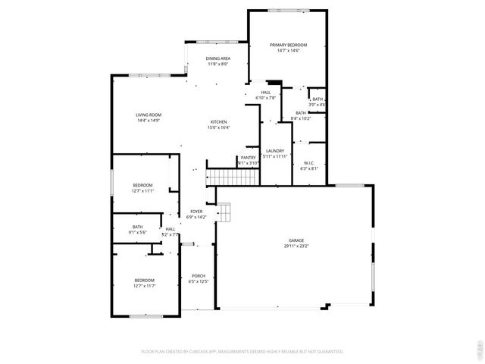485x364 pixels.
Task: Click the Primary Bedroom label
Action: [288, 45]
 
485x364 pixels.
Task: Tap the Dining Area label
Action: [218, 58]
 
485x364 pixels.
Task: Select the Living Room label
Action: [149, 115]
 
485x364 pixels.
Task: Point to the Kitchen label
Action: [219, 122]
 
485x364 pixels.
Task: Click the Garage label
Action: [296, 240]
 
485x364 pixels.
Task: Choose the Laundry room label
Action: [275, 151]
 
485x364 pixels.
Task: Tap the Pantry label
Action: [249, 158]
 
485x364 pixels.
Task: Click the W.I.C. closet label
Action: [309, 163]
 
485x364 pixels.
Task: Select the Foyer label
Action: [196, 212]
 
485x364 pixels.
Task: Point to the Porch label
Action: [199, 275]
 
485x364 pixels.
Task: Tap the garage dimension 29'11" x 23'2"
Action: [296, 246]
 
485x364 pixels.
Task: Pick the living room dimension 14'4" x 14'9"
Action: [149, 120]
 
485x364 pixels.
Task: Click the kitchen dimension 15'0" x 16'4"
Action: [219, 127]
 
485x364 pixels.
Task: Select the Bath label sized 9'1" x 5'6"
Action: [137, 227]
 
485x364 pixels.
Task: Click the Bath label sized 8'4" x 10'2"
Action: [301, 113]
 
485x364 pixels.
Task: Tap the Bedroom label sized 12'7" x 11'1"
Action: [142, 185]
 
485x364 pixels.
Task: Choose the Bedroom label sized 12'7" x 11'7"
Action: [144, 280]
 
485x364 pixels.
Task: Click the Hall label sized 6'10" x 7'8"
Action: [266, 93]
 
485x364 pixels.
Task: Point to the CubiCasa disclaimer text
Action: [242, 352]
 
